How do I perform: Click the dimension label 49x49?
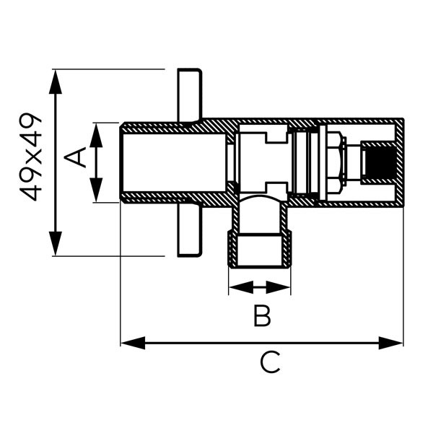click(x=32, y=157)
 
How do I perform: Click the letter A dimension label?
click(x=76, y=157)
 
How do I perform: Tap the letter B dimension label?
click(x=261, y=316)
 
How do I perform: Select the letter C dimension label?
click(x=270, y=362)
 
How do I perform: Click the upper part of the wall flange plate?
click(x=190, y=94)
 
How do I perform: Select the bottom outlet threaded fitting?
click(x=260, y=249)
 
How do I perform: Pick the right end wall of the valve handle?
click(x=399, y=162)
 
